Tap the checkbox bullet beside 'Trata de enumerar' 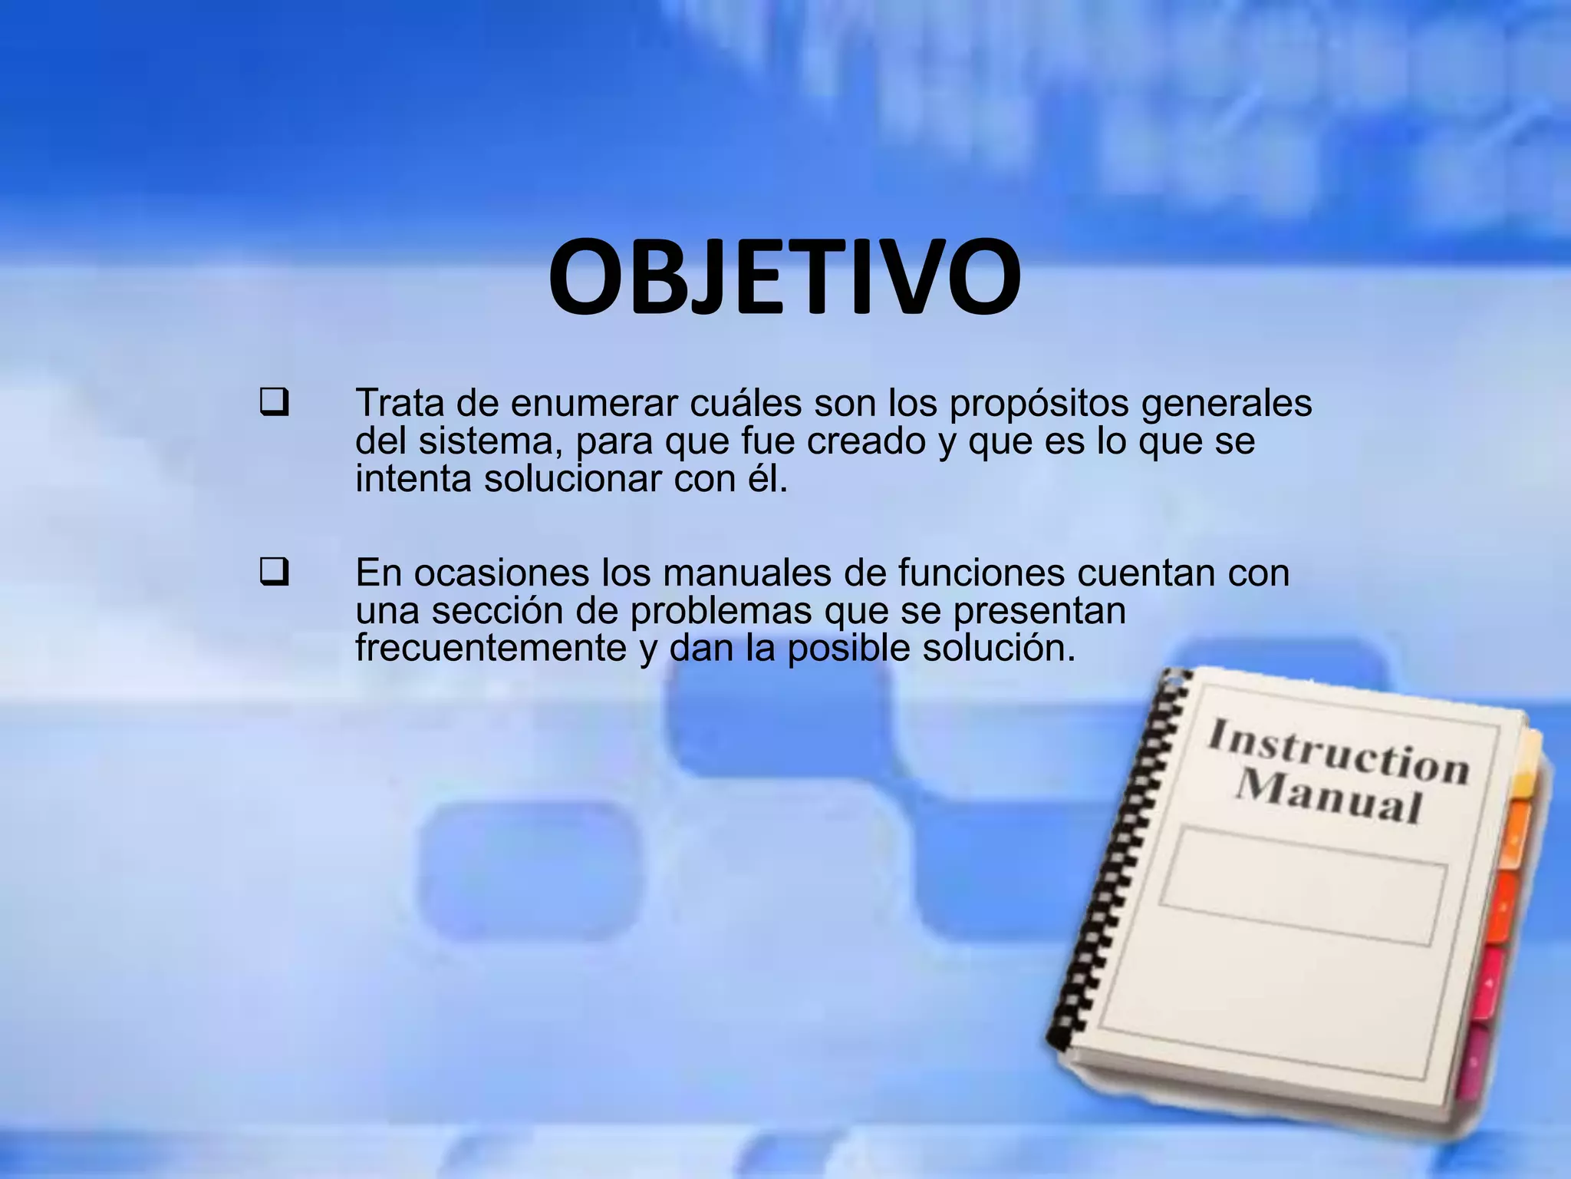coord(274,404)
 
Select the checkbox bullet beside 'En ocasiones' coord(274,573)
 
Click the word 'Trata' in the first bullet coord(400,404)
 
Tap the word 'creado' coord(867,441)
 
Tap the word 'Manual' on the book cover coord(1329,796)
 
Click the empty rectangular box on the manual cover coord(1303,885)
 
